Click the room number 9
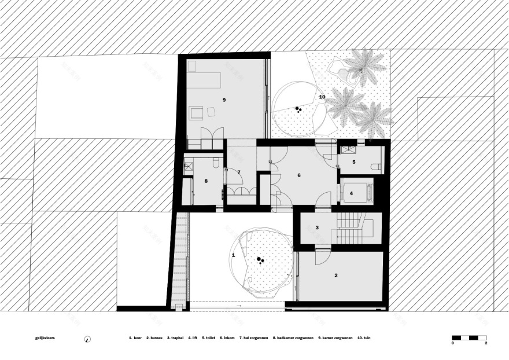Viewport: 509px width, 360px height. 224,100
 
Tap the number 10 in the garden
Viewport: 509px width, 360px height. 322,97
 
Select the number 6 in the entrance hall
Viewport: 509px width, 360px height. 299,175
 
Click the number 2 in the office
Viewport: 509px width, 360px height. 335,275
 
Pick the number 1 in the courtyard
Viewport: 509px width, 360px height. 234,255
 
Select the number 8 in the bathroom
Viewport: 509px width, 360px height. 206,181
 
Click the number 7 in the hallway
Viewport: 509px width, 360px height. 238,172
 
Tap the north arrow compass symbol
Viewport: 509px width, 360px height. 88,339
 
